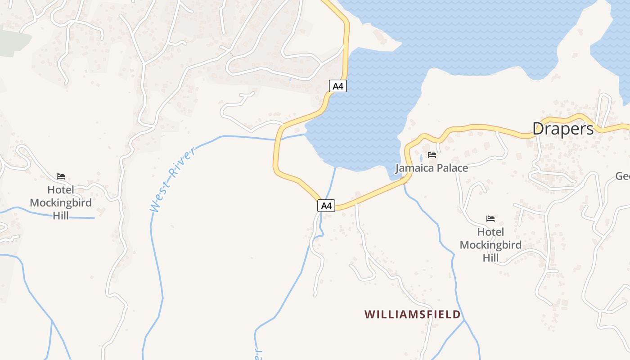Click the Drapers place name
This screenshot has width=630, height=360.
click(x=563, y=129)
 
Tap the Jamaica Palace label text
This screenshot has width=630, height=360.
click(x=432, y=168)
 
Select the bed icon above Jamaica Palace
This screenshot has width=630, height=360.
click(x=432, y=155)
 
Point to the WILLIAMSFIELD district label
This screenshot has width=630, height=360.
click(x=412, y=314)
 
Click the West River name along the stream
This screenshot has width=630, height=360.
click(x=173, y=179)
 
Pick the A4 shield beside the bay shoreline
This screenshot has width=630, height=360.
click(x=338, y=85)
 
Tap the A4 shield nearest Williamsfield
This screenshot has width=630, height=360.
click(x=326, y=206)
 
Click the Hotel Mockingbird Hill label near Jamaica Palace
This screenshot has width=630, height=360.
click(x=490, y=245)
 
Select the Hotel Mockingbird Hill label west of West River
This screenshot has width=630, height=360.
click(x=61, y=202)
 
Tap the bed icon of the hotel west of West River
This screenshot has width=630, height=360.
click(x=61, y=176)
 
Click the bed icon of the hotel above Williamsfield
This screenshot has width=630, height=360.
click(x=490, y=219)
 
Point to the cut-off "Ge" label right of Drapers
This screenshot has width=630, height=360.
click(x=622, y=176)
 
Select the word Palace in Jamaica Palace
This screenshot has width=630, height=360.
click(x=450, y=168)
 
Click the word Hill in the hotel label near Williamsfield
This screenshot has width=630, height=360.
click(x=490, y=258)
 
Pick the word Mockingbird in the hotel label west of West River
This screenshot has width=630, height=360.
click(x=61, y=202)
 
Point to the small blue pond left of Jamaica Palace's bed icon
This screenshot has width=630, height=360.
click(x=421, y=157)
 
